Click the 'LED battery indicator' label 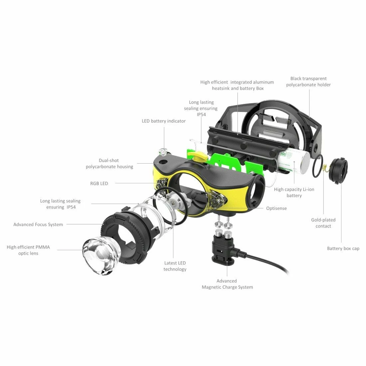(x=164, y=121)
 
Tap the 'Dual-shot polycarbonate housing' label (x=109, y=163)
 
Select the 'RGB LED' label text (x=99, y=183)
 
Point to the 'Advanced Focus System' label (x=38, y=225)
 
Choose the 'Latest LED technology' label (x=175, y=266)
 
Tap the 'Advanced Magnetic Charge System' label (x=227, y=284)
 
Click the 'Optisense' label (x=276, y=208)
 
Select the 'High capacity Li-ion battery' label (x=294, y=192)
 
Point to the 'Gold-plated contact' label (x=323, y=223)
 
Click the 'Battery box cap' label (x=343, y=249)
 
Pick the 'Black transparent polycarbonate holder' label (x=308, y=82)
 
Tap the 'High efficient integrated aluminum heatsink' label (x=237, y=85)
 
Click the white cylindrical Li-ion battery (x=293, y=161)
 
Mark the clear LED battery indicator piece (x=163, y=153)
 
